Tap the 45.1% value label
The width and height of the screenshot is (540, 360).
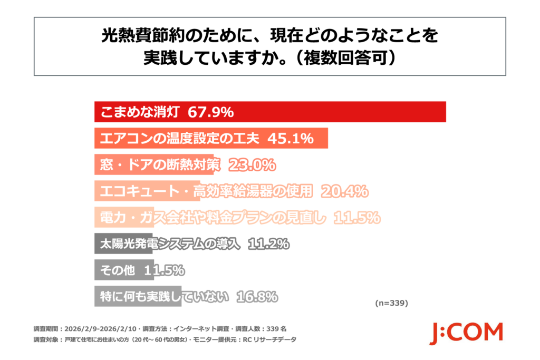pos(291,139)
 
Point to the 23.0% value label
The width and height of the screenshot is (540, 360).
pos(252,165)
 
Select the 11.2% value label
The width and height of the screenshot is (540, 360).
pos(268,244)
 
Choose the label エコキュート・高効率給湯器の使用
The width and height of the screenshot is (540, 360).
pos(205,191)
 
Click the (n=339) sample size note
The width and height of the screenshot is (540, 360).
pos(392,304)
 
